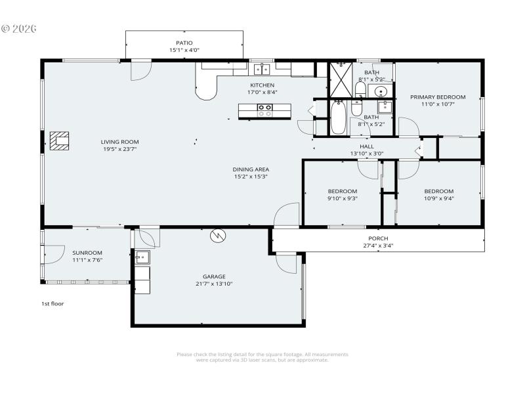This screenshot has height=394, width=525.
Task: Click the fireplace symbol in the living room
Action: [x=60, y=141]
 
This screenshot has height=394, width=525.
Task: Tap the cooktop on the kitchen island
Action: [x=264, y=110]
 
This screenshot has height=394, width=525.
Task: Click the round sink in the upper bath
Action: [x=381, y=91]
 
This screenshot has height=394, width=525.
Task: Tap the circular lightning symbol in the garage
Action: [x=217, y=235]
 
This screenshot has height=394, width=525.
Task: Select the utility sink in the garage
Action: [x=142, y=257]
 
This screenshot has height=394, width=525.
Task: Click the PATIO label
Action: [x=184, y=43]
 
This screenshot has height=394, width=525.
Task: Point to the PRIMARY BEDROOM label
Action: [x=438, y=97]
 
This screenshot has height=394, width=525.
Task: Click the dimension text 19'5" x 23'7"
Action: [x=119, y=149]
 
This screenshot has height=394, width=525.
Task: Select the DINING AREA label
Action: [x=251, y=169]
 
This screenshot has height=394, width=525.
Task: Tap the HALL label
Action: [x=367, y=146]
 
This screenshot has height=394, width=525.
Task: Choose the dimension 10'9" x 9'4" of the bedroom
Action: [x=438, y=198]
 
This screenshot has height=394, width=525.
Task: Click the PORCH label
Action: [x=378, y=238]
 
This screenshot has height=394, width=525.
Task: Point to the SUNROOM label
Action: [x=87, y=253]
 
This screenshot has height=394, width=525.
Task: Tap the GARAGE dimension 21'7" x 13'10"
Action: [x=214, y=284]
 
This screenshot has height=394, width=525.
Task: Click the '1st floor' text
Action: [x=52, y=304]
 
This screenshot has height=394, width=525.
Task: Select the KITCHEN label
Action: [x=262, y=85]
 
